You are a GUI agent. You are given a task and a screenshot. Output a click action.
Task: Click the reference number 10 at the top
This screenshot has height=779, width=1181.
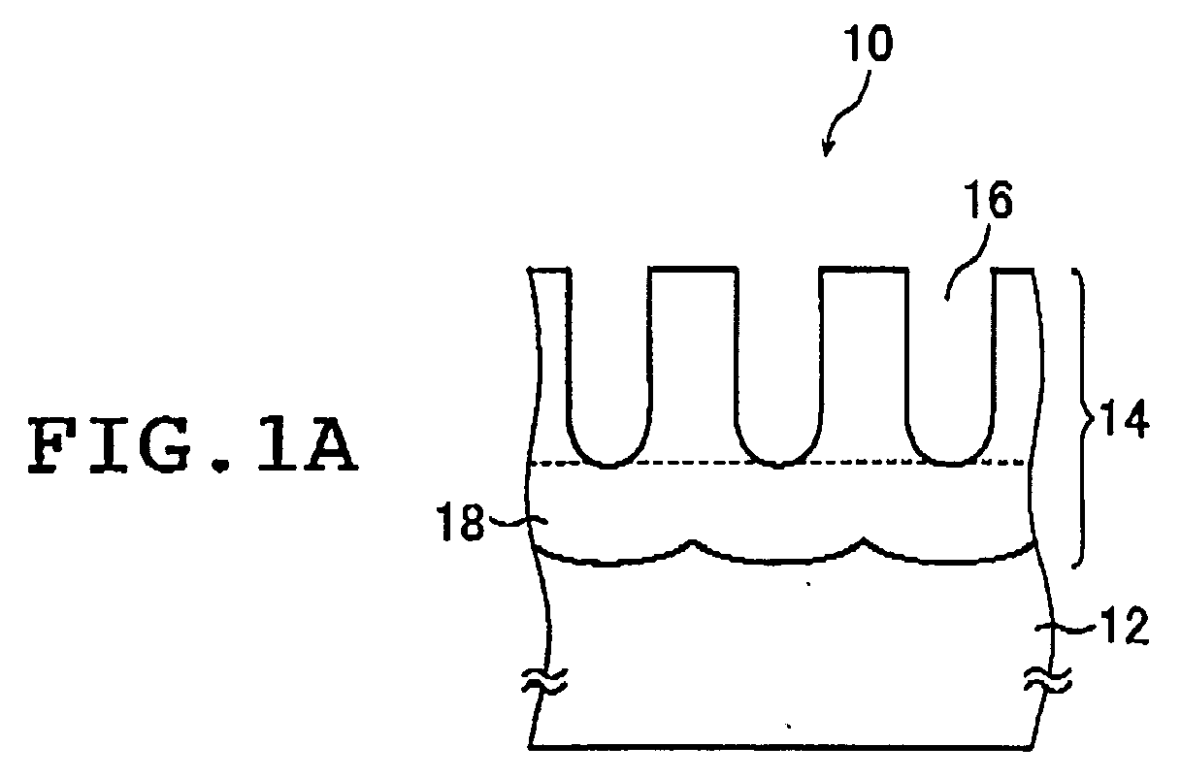click(869, 44)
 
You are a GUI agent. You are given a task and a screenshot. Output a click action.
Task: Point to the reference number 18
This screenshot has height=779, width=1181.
click(460, 522)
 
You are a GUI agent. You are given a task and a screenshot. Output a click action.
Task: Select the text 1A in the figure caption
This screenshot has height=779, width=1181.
click(306, 446)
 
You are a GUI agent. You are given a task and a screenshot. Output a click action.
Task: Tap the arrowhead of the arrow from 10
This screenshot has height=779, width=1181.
click(827, 148)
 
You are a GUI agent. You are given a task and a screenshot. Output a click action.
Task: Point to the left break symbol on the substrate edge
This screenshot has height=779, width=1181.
click(544, 680)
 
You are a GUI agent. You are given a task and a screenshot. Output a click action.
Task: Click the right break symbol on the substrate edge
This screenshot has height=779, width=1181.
click(1048, 680)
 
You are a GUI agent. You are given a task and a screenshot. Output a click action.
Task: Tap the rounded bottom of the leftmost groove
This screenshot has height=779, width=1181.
click(607, 463)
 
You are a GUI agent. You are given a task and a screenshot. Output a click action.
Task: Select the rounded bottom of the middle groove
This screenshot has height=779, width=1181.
click(778, 463)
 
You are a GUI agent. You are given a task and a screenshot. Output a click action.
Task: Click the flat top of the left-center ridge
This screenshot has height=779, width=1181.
click(693, 269)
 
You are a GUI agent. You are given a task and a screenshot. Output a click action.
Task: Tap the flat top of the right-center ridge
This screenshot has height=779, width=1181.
click(864, 270)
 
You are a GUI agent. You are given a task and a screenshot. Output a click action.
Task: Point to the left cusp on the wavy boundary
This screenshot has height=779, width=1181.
click(692, 542)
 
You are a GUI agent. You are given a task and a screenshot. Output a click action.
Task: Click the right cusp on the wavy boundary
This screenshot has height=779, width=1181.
click(863, 539)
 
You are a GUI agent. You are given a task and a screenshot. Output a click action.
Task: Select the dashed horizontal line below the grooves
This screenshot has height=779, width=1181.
click(778, 464)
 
